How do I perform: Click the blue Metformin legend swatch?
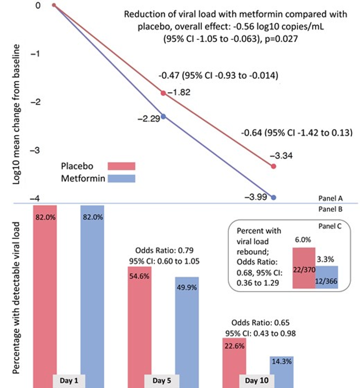[121, 179]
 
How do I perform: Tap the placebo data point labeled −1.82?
[163, 93]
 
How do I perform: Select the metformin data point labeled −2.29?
[163, 116]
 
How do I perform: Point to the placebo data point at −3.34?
[274, 166]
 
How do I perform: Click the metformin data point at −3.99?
[274, 198]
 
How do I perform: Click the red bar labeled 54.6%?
[139, 324]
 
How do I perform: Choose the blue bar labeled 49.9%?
[187, 328]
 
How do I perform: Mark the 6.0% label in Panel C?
[303, 239]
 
